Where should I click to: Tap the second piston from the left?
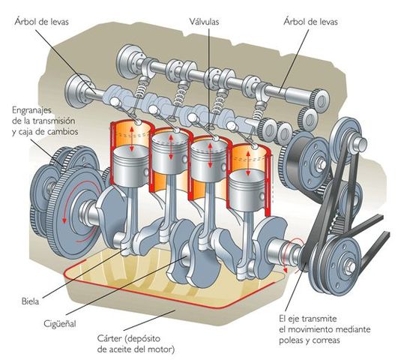168,146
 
